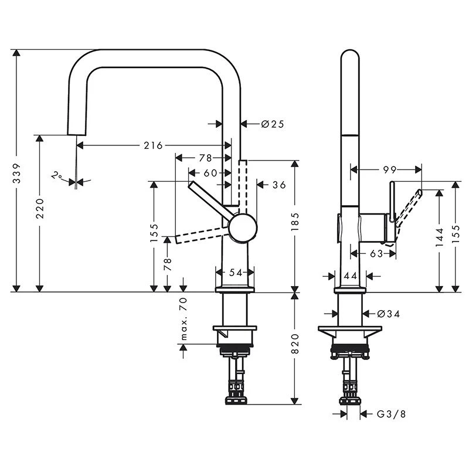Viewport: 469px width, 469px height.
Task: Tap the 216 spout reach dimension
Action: coord(154,145)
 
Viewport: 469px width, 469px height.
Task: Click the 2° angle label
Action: coord(57,175)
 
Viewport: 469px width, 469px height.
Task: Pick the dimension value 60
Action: coord(210,173)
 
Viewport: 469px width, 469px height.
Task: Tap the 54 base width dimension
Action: coord(235,272)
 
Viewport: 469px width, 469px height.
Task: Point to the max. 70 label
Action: coord(183,319)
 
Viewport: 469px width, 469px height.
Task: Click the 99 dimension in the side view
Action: coord(389,169)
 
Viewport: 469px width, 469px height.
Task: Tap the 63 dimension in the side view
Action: coord(376,253)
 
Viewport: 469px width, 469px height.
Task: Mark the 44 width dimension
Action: coord(351,276)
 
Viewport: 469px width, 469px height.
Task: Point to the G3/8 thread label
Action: coord(391,414)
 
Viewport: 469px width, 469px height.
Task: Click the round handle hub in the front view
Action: coord(242,229)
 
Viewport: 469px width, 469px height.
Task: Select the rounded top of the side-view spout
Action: coord(350,56)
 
